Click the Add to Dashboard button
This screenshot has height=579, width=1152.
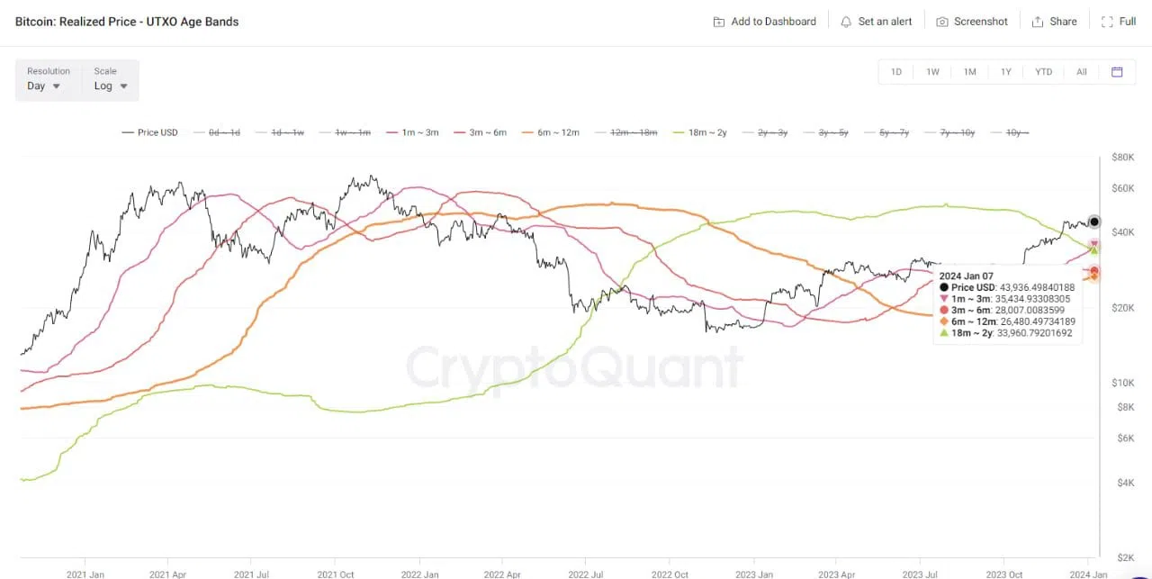[x=764, y=22]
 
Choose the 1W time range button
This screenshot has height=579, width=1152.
[x=932, y=72]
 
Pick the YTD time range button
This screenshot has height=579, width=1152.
[x=1043, y=72]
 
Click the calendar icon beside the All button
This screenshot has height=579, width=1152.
[x=1117, y=72]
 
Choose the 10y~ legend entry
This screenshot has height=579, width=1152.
[x=1009, y=132]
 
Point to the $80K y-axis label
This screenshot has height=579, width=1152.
[x=1123, y=158]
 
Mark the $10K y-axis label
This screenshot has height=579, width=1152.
[x=1123, y=383]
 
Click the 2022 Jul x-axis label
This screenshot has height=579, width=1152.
[x=585, y=574]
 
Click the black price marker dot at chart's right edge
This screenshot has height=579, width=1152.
[x=1094, y=222]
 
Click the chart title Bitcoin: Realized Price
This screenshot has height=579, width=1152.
[x=127, y=22]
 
